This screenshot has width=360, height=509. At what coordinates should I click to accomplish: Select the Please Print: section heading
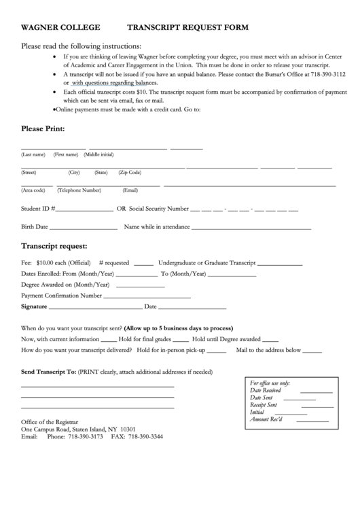(x=43, y=128)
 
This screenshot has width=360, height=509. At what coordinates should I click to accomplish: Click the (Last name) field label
(x=33, y=155)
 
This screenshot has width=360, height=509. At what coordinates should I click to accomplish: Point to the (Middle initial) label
(x=98, y=155)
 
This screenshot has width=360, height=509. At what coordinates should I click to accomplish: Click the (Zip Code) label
(x=130, y=173)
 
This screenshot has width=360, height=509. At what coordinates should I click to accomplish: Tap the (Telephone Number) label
(x=79, y=190)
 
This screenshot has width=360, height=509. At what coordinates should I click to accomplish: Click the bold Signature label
(x=34, y=306)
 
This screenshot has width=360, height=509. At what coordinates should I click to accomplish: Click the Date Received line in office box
(x=317, y=392)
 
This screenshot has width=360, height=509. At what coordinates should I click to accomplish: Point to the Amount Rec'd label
(x=266, y=419)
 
